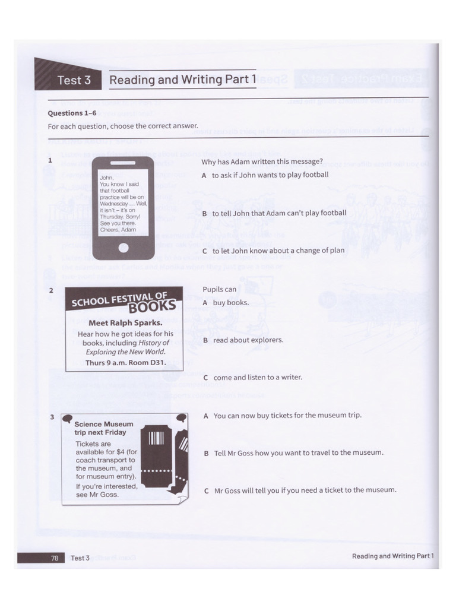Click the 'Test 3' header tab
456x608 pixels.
(x=74, y=80)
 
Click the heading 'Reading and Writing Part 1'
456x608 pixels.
(x=183, y=80)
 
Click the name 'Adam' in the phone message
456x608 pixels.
(x=128, y=229)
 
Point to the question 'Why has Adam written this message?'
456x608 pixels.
(x=262, y=161)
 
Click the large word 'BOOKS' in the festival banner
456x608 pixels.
(x=156, y=306)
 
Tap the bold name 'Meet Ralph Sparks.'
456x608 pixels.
(x=125, y=324)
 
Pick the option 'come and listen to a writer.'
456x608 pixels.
(x=252, y=378)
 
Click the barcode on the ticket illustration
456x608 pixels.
(x=156, y=439)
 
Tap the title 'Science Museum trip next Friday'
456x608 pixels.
(x=103, y=428)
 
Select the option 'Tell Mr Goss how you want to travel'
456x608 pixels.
(x=293, y=453)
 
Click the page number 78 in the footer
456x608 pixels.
(x=54, y=558)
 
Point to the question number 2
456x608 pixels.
(x=52, y=290)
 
